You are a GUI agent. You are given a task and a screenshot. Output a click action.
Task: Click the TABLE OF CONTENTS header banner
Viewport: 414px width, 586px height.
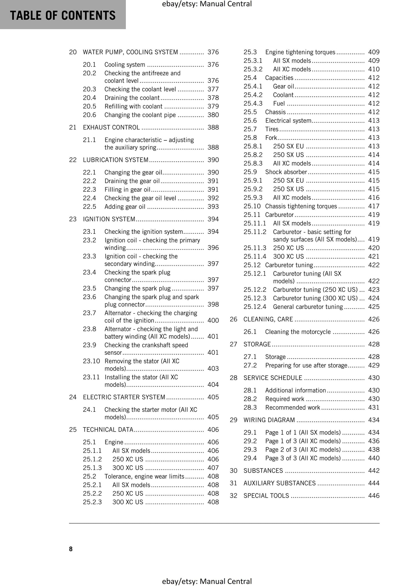click(x=63, y=15)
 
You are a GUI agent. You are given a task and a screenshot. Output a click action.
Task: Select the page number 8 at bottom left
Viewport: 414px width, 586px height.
click(x=71, y=549)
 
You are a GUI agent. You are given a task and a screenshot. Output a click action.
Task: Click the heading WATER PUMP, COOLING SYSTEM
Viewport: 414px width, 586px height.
click(x=130, y=52)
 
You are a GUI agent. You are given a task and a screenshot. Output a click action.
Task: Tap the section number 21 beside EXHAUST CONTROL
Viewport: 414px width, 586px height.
click(x=72, y=128)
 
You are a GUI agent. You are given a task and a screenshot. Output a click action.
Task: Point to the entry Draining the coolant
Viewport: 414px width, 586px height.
click(x=132, y=98)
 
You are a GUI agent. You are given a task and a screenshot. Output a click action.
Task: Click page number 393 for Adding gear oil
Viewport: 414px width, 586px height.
click(x=213, y=207)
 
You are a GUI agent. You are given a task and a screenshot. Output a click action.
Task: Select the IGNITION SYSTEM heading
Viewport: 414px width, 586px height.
click(x=109, y=219)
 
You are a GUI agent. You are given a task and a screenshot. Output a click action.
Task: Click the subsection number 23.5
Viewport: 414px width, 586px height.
click(x=89, y=288)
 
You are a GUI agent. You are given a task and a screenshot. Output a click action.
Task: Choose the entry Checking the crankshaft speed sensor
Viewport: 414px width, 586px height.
click(x=146, y=348)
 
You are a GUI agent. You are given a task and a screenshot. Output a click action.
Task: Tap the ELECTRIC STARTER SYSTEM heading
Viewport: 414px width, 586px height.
click(x=124, y=397)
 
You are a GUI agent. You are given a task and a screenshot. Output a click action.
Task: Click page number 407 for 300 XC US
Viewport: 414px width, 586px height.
click(x=213, y=468)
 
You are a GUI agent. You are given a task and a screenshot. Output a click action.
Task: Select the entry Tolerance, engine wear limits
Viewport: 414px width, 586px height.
click(x=144, y=476)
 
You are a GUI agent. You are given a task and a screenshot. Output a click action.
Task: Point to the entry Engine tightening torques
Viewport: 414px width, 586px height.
click(x=300, y=52)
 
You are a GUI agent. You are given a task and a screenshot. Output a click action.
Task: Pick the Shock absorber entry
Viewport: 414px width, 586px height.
click(x=286, y=172)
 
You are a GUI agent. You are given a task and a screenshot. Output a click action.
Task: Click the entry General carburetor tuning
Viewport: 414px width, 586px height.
click(x=308, y=307)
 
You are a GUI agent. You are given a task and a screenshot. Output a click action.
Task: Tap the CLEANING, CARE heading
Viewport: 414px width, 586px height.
click(x=268, y=319)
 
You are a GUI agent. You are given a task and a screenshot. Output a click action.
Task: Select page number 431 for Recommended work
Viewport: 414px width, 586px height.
click(x=374, y=407)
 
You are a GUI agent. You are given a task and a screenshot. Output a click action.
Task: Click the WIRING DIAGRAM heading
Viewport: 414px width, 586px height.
click(x=269, y=420)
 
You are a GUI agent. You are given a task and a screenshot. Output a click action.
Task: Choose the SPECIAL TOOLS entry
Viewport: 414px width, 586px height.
click(x=266, y=496)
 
